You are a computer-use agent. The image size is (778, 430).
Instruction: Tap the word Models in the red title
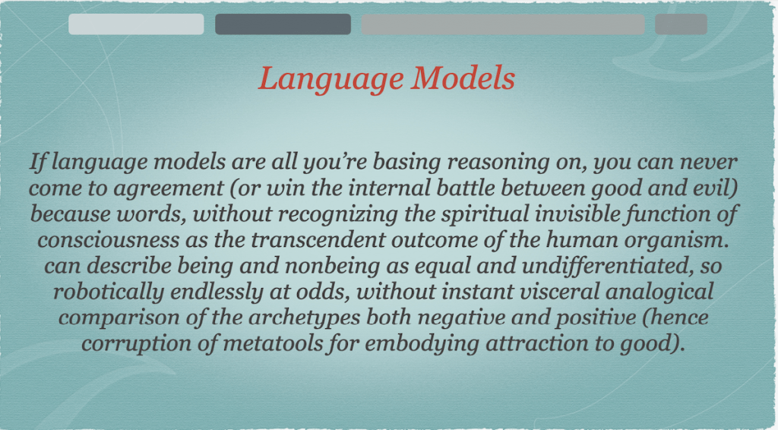tap(463, 77)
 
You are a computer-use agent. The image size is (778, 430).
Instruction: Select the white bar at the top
tap(136, 24)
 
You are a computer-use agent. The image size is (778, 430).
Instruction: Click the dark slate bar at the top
tap(283, 24)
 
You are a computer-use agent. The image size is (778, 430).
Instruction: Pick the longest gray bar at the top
tap(503, 24)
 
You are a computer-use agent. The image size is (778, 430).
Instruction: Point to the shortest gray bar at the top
tap(681, 24)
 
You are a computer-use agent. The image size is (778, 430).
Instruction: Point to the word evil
tap(713, 188)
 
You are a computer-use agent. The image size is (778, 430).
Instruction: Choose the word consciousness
tap(108, 241)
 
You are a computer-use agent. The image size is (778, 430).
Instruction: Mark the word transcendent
tap(318, 241)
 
